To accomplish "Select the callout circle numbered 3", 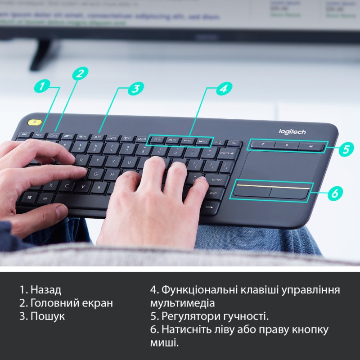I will pos(135,89).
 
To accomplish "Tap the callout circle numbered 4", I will pos(222,89).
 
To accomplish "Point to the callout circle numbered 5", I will pos(345,149).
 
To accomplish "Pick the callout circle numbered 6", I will pos(334,193).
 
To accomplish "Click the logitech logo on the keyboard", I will pos(292,131).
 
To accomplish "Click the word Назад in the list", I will pos(45,290).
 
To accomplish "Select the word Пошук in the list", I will pos(47,316).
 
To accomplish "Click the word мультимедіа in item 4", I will pos(182,303).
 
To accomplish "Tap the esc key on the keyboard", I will pos(24,134).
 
